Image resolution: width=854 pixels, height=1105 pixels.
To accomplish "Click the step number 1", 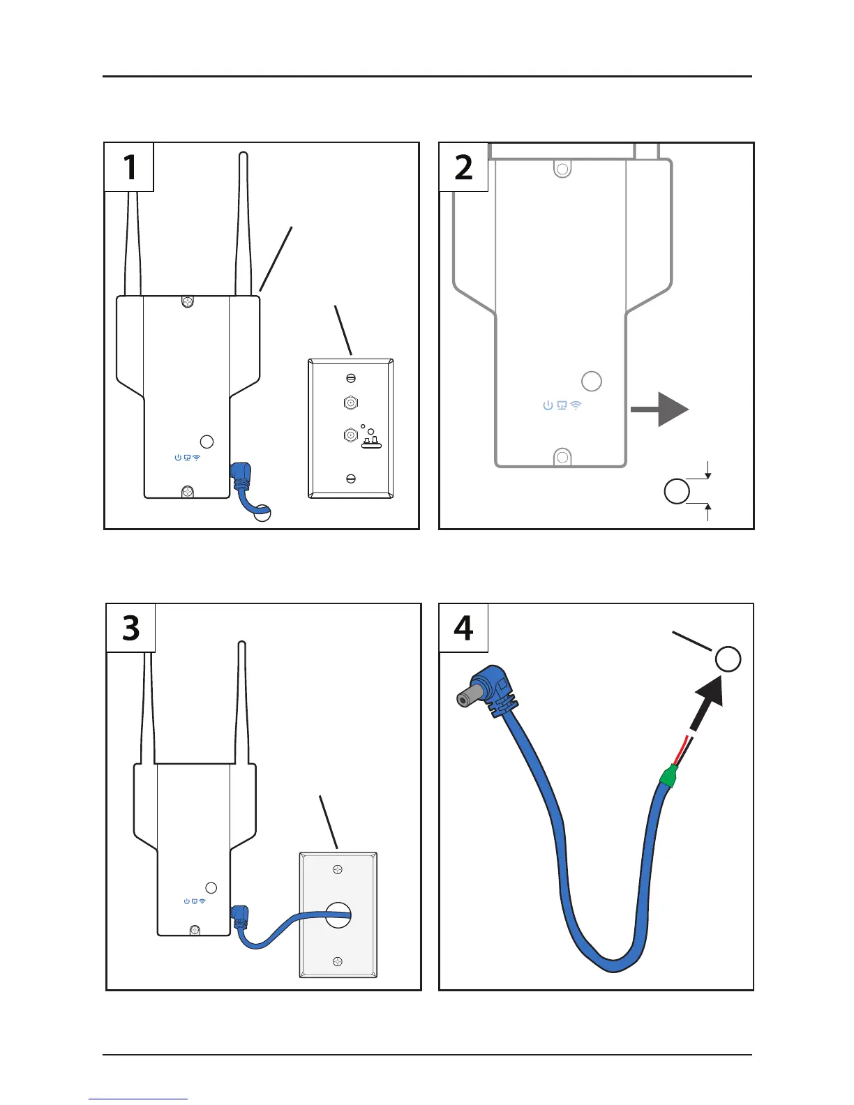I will coord(130,167).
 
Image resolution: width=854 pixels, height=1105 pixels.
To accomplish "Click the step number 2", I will coord(463,167).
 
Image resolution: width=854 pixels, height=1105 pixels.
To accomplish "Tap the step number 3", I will coord(131,628).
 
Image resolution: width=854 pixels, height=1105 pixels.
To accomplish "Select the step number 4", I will coord(463,628).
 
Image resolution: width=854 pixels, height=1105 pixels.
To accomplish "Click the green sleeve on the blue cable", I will coord(669,776).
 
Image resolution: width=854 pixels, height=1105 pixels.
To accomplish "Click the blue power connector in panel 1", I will coord(241,474).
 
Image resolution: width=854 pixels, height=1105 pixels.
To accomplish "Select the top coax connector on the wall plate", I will coord(351,403).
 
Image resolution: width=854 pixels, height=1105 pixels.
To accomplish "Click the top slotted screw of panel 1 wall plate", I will coord(351,378).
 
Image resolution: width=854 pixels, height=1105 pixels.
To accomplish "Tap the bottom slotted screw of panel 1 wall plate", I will coord(351,479).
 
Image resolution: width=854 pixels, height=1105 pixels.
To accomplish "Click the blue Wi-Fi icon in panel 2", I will coord(576,405).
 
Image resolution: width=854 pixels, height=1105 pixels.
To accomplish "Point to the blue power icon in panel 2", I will coord(548,405).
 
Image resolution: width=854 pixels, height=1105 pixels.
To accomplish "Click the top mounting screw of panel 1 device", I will coord(187,302).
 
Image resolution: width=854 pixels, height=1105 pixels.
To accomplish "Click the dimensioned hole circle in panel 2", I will coord(676,491).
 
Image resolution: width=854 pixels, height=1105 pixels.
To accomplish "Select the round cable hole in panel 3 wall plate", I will coord(338,915).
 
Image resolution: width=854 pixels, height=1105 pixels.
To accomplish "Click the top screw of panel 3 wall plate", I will coord(338,869).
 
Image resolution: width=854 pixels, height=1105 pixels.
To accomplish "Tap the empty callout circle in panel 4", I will coord(728,659).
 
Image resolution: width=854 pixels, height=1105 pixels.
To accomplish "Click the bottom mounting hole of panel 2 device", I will coord(562,458).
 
